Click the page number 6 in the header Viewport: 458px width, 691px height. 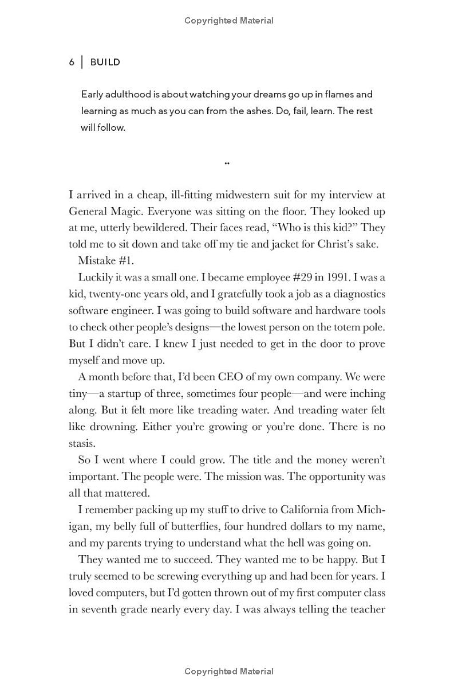point(72,62)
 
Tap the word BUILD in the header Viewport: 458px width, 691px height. point(105,62)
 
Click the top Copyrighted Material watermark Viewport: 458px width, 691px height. point(229,21)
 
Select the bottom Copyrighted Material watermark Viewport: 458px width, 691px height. point(229,672)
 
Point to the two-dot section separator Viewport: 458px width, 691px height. point(227,163)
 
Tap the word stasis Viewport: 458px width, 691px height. point(82,443)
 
